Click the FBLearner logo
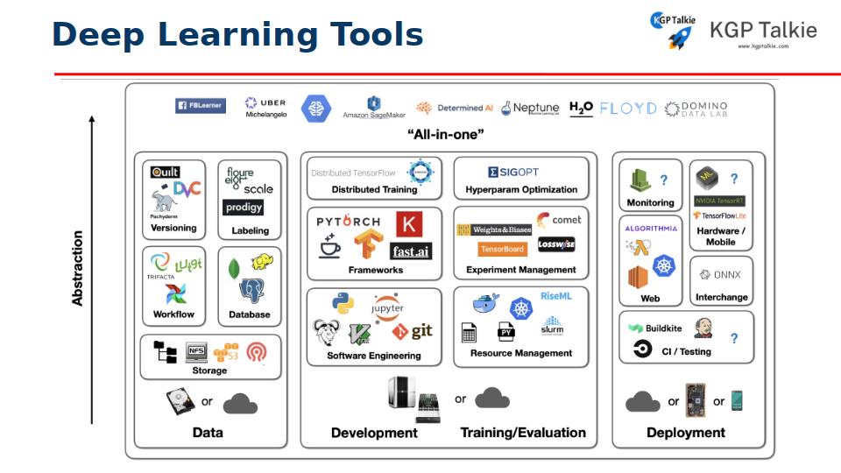pos(201,106)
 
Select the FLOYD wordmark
pos(628,108)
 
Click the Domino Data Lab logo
pos(696,109)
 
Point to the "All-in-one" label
pos(447,134)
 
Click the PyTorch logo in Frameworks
pos(349,222)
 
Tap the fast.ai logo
pos(410,251)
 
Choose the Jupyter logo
pos(388,307)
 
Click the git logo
pos(413,331)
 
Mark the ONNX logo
pos(721,274)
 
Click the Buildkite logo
pos(655,328)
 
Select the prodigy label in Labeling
pos(243,208)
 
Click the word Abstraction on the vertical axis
pos(78,268)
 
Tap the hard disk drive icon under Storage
pos(180,402)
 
